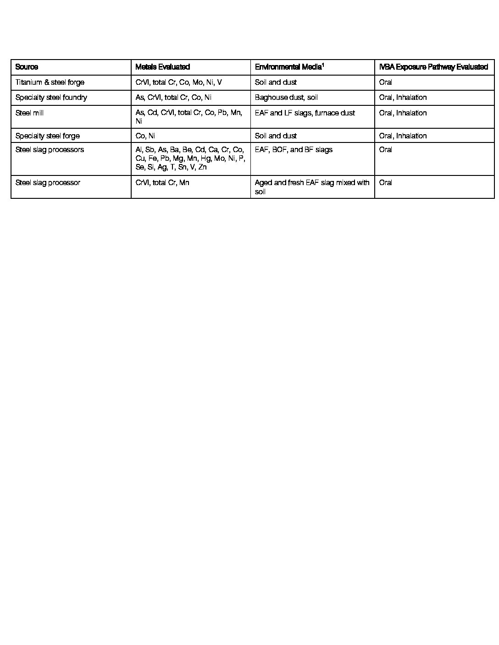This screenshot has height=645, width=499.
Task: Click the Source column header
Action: [27, 67]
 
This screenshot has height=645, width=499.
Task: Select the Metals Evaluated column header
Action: [162, 67]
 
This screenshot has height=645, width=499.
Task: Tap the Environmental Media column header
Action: [288, 67]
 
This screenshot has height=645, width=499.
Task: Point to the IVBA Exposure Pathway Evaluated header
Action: [433, 67]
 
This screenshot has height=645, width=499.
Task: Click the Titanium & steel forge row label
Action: [50, 82]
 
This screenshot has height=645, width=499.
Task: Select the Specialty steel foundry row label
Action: [51, 98]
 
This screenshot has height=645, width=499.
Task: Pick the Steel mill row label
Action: [29, 113]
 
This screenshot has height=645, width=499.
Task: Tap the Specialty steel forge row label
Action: [47, 136]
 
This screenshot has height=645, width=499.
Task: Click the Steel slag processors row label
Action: [50, 150]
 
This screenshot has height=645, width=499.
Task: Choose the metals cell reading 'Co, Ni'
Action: [145, 136]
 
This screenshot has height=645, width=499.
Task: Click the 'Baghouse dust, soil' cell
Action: [286, 98]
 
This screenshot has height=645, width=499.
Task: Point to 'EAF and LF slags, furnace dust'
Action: [305, 113]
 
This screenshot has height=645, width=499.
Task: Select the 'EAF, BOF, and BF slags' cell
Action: [294, 150]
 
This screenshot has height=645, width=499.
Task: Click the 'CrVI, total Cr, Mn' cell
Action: [162, 183]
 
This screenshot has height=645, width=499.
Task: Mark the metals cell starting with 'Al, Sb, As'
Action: [190, 159]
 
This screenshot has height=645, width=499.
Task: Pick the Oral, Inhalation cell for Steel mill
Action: [403, 113]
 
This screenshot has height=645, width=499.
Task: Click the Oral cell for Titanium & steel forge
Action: [385, 82]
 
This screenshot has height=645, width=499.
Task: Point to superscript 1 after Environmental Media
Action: [323, 65]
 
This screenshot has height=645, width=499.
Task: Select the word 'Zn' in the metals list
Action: [202, 167]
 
